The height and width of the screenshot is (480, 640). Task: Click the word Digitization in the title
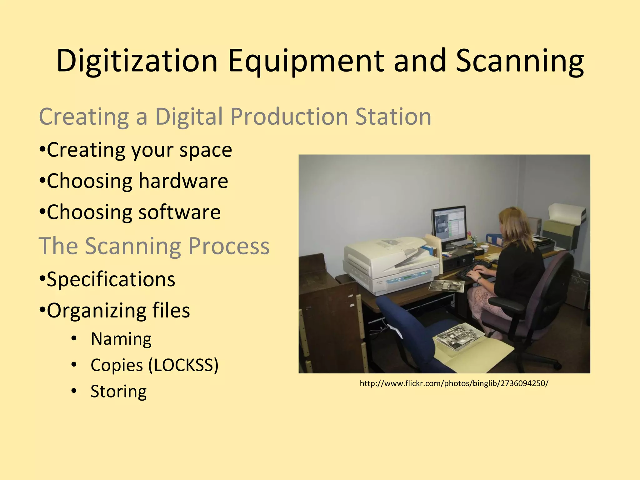[x=137, y=61]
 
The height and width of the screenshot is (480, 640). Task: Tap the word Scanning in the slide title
[x=519, y=61]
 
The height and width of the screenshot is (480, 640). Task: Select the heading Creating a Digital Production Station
[x=235, y=117]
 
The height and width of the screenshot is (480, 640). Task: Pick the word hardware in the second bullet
[x=183, y=181]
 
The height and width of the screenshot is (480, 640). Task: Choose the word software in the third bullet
[x=179, y=212]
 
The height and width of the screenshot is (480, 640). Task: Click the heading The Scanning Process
[x=154, y=246]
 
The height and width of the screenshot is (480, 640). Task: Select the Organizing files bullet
[x=115, y=310]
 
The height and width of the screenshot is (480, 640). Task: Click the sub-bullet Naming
[x=121, y=339]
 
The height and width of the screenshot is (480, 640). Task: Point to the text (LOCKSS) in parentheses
[x=183, y=365]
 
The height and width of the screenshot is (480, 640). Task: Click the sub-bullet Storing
[x=118, y=391]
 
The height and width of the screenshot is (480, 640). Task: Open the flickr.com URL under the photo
[x=454, y=383]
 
